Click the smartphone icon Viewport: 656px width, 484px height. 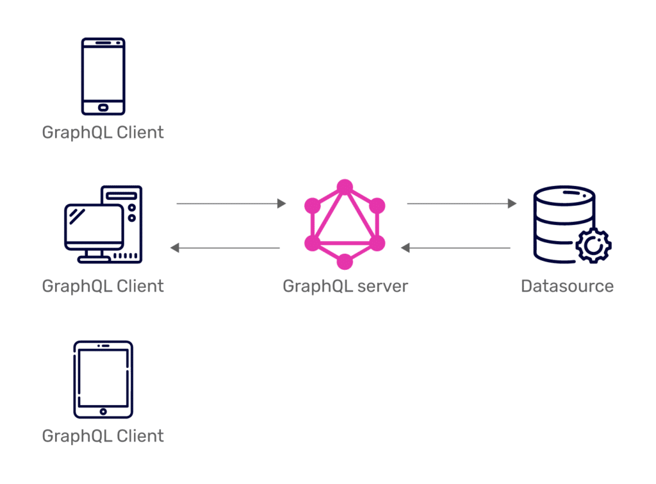click(x=103, y=76)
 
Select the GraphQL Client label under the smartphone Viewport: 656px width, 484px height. click(x=102, y=133)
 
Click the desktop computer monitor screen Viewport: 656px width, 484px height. click(x=93, y=227)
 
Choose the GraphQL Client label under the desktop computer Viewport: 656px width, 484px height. click(x=102, y=286)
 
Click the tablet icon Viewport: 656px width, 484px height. click(x=103, y=380)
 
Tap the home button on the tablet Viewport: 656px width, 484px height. click(x=103, y=411)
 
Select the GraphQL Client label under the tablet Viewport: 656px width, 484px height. click(x=102, y=437)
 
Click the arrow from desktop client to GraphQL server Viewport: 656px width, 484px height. click(x=231, y=204)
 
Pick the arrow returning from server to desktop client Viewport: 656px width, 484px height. click(x=225, y=248)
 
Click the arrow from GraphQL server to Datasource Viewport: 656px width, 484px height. click(x=461, y=204)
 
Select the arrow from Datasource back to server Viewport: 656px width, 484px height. click(x=455, y=248)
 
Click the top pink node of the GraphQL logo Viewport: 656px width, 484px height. click(x=345, y=187)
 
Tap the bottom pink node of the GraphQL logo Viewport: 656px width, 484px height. click(x=345, y=262)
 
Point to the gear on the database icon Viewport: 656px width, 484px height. click(x=593, y=245)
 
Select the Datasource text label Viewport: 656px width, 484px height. click(x=567, y=286)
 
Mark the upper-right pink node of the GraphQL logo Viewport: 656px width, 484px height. click(x=377, y=206)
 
